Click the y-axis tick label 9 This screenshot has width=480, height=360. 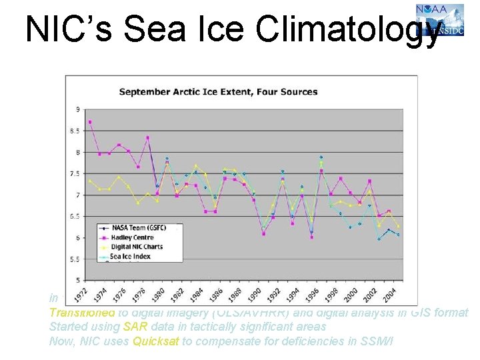[78, 110]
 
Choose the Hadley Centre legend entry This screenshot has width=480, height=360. [137, 238]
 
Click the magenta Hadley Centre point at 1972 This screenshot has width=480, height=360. [90, 122]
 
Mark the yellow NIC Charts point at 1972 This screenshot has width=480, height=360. [90, 181]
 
